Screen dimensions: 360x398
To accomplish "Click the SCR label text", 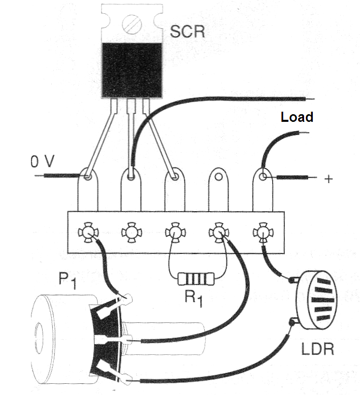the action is (x=187, y=31).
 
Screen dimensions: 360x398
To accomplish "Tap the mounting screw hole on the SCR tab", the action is (x=132, y=24).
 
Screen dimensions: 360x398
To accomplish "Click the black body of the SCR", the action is (x=132, y=70).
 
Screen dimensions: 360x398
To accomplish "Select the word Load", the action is (x=297, y=117).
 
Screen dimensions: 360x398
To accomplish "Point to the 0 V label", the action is (x=43, y=161).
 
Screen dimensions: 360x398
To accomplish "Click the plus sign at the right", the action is (x=329, y=179).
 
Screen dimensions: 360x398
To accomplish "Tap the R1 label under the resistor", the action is (x=194, y=298).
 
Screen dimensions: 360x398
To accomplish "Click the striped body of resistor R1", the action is (x=196, y=279).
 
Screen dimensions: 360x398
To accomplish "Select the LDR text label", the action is (x=317, y=349).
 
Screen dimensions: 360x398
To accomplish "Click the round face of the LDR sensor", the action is (x=317, y=300).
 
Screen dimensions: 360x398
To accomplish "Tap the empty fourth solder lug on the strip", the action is (x=218, y=189).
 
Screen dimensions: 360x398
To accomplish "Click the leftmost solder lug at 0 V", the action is (x=87, y=189).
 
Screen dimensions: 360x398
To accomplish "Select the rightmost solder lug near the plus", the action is (x=263, y=189).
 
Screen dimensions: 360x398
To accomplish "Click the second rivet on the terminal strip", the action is (x=131, y=233).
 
